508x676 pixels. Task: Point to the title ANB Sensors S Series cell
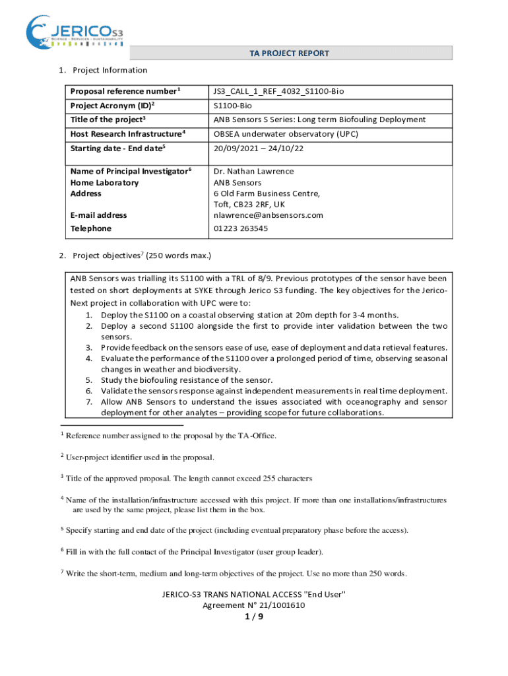pyautogui.click(x=319, y=119)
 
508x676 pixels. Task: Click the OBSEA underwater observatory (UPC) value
pyautogui.click(x=285, y=133)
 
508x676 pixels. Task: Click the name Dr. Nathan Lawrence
pyautogui.click(x=254, y=172)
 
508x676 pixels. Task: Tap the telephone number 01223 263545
pyautogui.click(x=240, y=228)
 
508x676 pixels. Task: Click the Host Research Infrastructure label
pyautogui.click(x=127, y=133)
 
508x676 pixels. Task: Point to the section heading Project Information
pyautogui.click(x=110, y=71)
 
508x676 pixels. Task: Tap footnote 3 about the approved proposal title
pyautogui.click(x=189, y=478)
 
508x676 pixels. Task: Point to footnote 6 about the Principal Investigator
pyautogui.click(x=194, y=552)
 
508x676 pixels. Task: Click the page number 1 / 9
pyautogui.click(x=253, y=617)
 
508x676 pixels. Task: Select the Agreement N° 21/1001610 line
pyautogui.click(x=253, y=605)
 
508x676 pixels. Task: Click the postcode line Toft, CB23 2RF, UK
pyautogui.click(x=249, y=205)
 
